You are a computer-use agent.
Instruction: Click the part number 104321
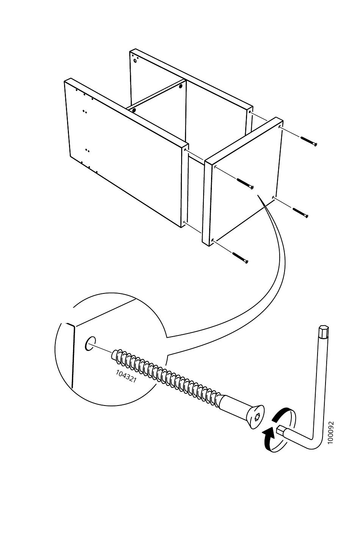(126, 376)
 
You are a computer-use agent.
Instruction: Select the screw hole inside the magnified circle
(90, 344)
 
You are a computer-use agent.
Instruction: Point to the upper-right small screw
(308, 141)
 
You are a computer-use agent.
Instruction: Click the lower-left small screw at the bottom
(240, 258)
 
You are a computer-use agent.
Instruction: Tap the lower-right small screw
(301, 213)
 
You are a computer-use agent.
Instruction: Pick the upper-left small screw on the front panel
(245, 184)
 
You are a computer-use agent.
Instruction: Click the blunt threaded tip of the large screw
(114, 354)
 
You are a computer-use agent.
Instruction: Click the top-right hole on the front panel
(280, 128)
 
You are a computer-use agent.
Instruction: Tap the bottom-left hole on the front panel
(213, 240)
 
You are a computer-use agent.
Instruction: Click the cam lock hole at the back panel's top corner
(136, 61)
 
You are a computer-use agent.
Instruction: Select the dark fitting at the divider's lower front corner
(134, 110)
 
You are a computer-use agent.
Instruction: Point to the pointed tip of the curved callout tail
(258, 195)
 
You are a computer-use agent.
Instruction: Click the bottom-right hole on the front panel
(273, 197)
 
